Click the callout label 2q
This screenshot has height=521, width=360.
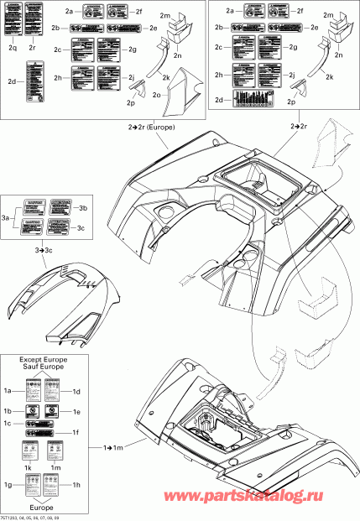point(13,49)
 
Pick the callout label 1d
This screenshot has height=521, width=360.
point(76,392)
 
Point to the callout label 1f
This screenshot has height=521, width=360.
point(76,433)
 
